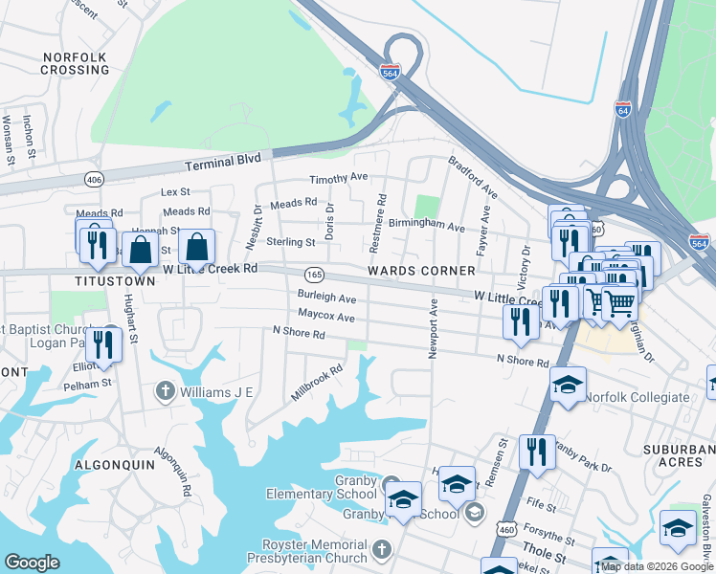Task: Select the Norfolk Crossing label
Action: tap(75, 63)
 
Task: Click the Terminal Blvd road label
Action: tap(223, 164)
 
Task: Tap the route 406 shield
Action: tap(93, 179)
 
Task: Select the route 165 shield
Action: tap(315, 275)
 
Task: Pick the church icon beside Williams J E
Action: tap(165, 391)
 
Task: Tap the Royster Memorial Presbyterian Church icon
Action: tap(382, 548)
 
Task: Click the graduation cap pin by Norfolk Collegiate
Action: tap(568, 385)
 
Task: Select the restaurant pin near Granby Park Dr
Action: tap(537, 452)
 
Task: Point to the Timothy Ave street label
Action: tap(338, 178)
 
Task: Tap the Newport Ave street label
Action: tap(434, 328)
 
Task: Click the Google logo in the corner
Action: tap(32, 563)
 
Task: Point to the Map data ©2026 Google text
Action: tap(657, 566)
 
